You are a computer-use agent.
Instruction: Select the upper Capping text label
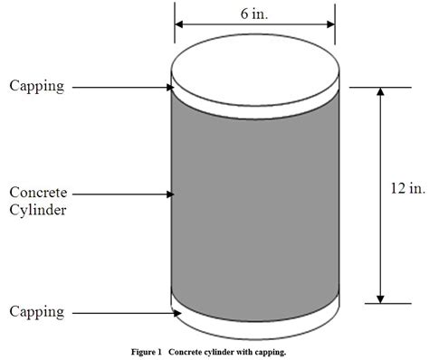[x=37, y=86]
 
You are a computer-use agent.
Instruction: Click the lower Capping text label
[x=37, y=312]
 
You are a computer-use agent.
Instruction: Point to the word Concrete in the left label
[x=36, y=192]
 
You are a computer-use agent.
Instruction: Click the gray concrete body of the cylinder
[x=256, y=199]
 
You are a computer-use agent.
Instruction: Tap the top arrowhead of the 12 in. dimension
[x=380, y=93]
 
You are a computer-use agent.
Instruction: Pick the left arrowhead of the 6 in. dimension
[x=180, y=25]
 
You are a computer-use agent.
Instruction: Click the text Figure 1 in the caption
[x=145, y=350]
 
